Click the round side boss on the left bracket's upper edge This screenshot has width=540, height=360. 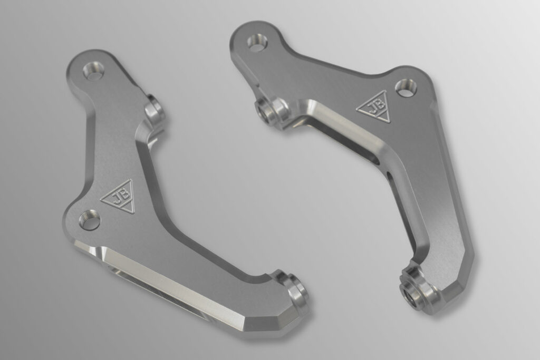(155, 109)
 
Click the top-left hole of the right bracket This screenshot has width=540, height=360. (257, 44)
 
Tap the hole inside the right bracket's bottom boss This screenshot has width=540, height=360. (414, 297)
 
